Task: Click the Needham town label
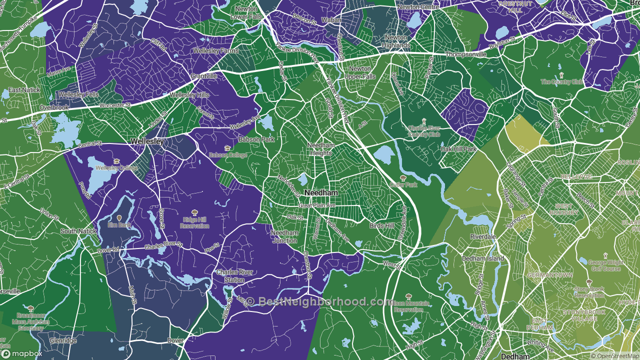point(321,193)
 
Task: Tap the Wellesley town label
point(147,142)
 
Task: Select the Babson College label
point(227,155)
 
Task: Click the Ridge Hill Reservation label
point(195,222)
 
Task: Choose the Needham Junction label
point(284,236)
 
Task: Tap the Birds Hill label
point(382,226)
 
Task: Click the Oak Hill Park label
point(458,149)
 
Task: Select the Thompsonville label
point(465,54)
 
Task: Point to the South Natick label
point(78,231)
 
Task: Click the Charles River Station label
point(234,276)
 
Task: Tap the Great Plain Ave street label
point(316,205)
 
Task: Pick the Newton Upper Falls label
point(360,72)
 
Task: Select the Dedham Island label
point(487,258)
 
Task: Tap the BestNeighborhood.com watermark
point(319,301)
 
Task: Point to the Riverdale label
point(482,236)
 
